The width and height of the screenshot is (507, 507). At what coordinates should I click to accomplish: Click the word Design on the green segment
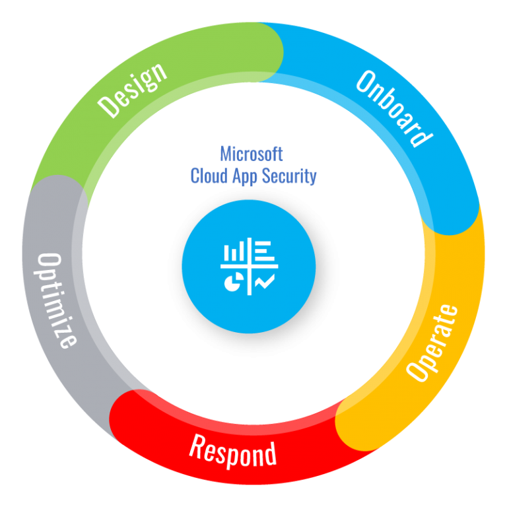click(133, 90)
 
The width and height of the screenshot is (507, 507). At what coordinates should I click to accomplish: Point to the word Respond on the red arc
click(232, 451)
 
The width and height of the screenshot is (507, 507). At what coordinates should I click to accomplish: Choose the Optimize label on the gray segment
click(57, 298)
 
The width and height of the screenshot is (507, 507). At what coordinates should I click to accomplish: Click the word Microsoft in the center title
click(252, 154)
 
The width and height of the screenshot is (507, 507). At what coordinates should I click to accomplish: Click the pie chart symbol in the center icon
click(233, 283)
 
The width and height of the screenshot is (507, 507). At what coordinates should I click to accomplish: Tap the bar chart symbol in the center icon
click(233, 252)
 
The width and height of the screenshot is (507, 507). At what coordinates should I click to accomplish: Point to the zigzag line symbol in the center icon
click(265, 283)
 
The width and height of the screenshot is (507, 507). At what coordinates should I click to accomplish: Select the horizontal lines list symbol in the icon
click(263, 251)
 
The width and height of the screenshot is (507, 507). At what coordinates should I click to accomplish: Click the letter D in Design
click(107, 108)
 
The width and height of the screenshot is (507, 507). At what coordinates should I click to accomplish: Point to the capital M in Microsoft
click(226, 154)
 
